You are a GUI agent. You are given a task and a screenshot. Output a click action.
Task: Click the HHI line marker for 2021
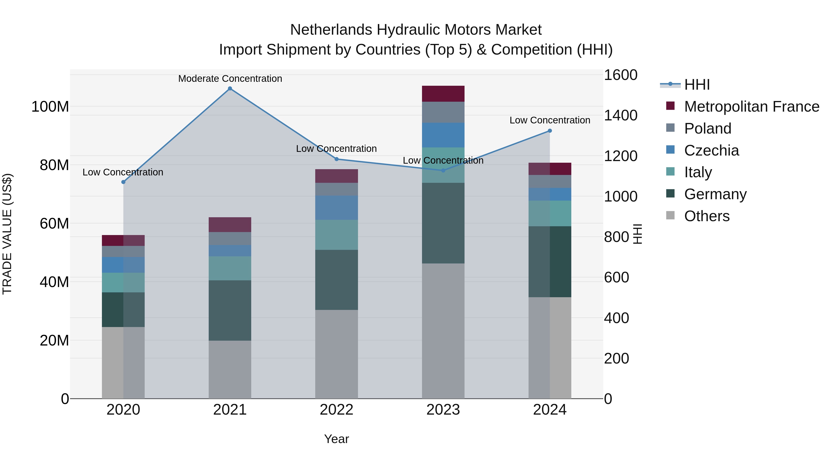(x=230, y=89)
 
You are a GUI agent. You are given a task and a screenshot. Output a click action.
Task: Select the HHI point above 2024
(x=550, y=131)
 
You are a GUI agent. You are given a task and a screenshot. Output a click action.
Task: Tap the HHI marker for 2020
(x=123, y=182)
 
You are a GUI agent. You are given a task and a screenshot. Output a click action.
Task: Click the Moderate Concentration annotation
(x=230, y=79)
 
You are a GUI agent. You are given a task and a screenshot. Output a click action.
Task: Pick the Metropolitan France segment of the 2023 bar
(x=443, y=94)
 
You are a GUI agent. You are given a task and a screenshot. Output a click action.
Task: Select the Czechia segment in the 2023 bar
(x=443, y=135)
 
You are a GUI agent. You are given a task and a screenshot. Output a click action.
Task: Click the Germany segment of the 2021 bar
(x=230, y=310)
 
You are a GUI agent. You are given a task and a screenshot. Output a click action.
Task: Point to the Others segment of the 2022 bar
(x=336, y=354)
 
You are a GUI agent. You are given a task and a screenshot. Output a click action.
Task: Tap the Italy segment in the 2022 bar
(x=336, y=235)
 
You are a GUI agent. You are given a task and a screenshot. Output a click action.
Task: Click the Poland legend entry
(x=708, y=128)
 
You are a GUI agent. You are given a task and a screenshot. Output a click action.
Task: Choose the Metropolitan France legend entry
(x=752, y=107)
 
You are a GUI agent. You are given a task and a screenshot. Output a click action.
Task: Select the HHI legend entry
(x=697, y=85)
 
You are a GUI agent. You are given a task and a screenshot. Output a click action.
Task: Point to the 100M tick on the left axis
(x=50, y=107)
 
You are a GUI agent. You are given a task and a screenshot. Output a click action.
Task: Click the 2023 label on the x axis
(x=443, y=410)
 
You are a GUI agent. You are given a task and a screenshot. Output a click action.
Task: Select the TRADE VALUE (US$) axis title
(x=7, y=234)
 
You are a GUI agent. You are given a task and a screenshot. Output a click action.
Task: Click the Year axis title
(x=336, y=439)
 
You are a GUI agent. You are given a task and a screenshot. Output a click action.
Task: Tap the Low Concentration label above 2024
(x=550, y=120)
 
